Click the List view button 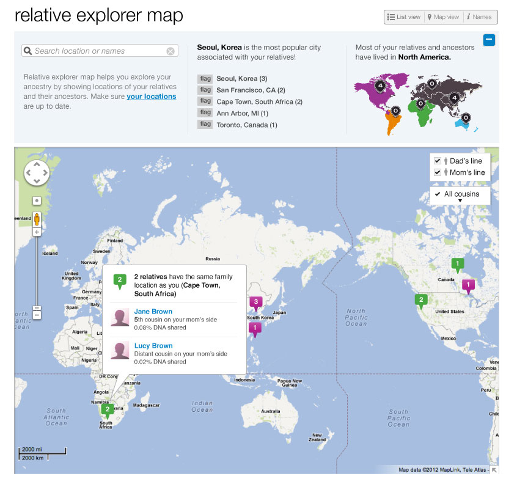coord(404,17)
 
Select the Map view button coord(443,17)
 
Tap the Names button coord(480,17)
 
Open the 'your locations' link coord(152,97)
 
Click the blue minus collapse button coord(489,40)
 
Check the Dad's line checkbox coord(438,161)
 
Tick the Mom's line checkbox coord(438,172)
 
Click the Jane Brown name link coord(153,312)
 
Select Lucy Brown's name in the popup coord(153,346)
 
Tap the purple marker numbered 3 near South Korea coord(256,302)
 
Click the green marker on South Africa coord(108,410)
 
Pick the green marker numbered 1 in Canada coord(457,264)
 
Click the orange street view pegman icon coord(37,219)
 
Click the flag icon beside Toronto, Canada coord(205,125)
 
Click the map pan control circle coord(37,173)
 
